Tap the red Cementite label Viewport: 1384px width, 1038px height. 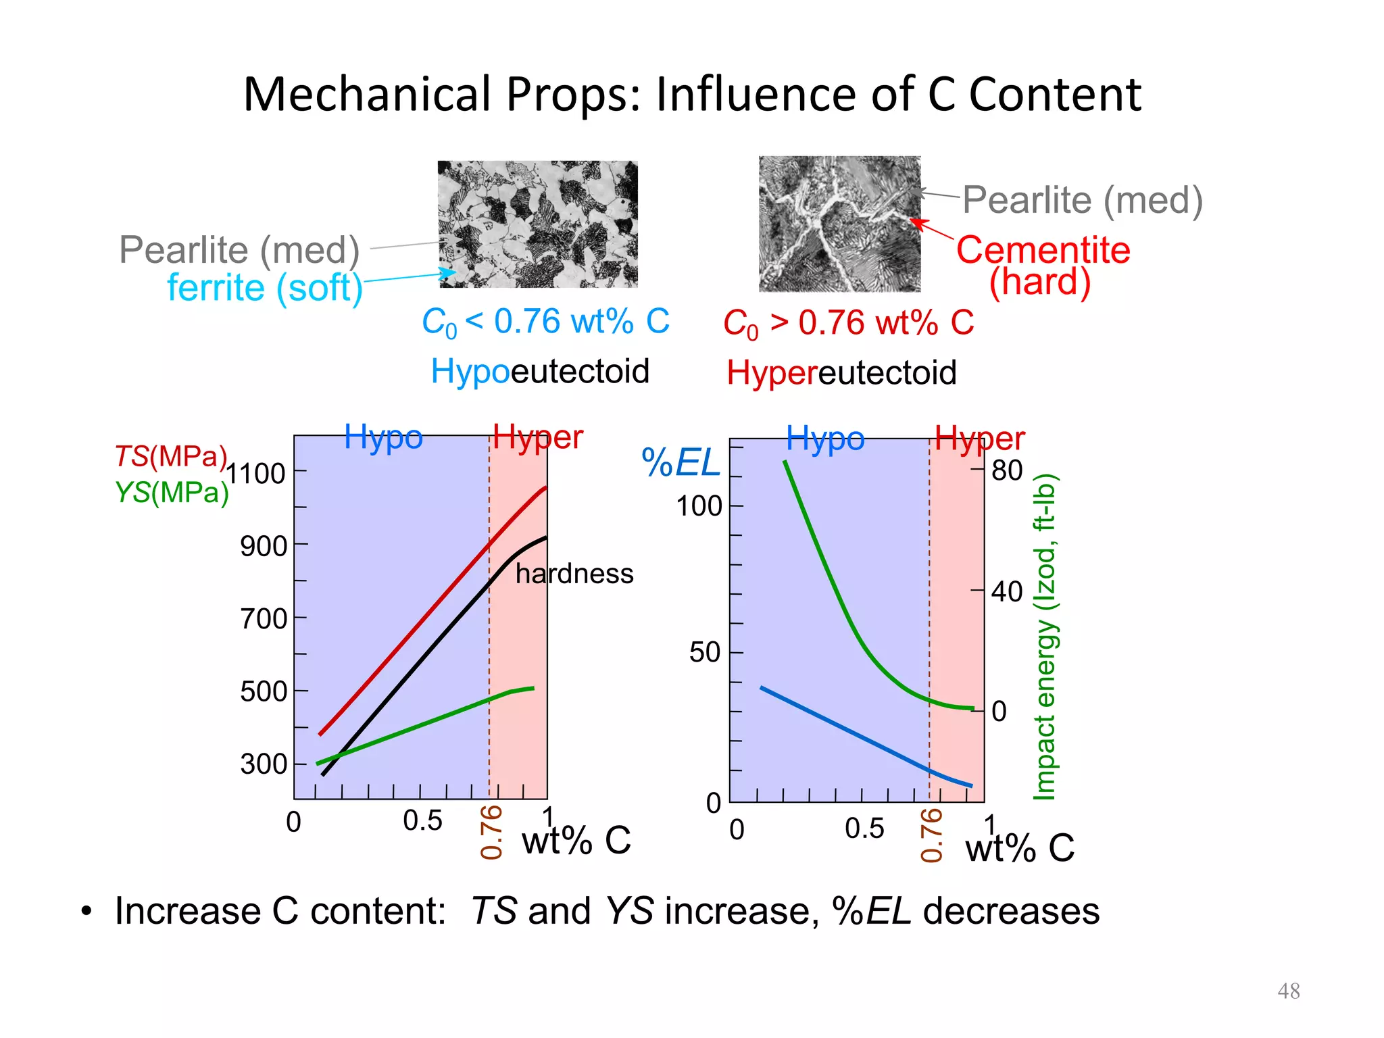pyautogui.click(x=1043, y=250)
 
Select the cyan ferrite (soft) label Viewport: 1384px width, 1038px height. pyautogui.click(x=265, y=288)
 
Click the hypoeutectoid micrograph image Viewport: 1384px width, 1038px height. pyautogui.click(x=537, y=224)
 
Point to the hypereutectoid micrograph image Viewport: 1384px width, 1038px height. pyautogui.click(x=839, y=224)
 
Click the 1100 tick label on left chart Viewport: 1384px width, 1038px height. pyautogui.click(x=255, y=474)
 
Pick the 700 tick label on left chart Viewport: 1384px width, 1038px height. pyautogui.click(x=264, y=619)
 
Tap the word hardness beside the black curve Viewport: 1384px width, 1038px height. pyautogui.click(x=574, y=574)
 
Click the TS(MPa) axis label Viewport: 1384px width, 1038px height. pyautogui.click(x=170, y=457)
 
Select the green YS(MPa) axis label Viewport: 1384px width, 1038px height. pyautogui.click(x=172, y=492)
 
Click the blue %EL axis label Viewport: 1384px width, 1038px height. pyautogui.click(x=681, y=464)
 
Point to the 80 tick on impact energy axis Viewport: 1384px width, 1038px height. pyautogui.click(x=1007, y=471)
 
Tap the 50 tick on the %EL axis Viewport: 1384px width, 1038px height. pyautogui.click(x=704, y=653)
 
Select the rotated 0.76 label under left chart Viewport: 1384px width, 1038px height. pyautogui.click(x=491, y=832)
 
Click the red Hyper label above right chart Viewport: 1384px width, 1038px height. pyautogui.click(x=979, y=439)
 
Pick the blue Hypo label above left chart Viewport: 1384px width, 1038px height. pyautogui.click(x=383, y=437)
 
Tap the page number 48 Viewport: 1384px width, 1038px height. pyautogui.click(x=1288, y=991)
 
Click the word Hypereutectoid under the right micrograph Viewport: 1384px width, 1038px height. pyautogui.click(x=841, y=372)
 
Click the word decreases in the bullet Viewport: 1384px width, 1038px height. pyautogui.click(x=1011, y=911)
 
